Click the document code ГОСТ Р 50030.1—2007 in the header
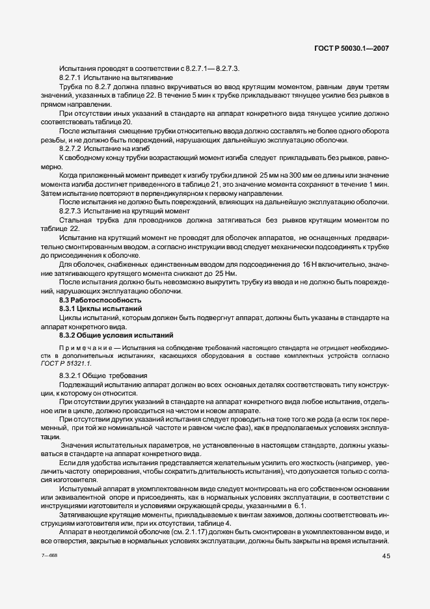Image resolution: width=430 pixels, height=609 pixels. click(x=351, y=47)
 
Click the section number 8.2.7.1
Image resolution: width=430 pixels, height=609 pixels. click(x=70, y=77)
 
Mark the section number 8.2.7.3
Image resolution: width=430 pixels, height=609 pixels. click(x=70, y=211)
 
